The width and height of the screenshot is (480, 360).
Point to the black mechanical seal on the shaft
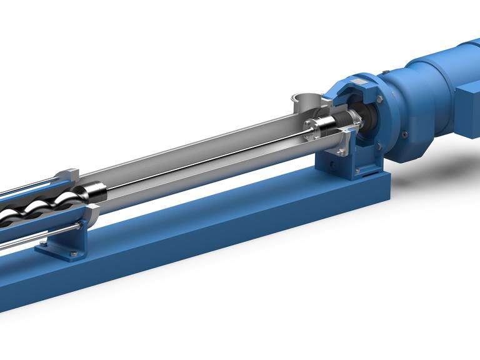pos(342,119)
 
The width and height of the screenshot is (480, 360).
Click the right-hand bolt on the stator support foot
pos(74,253)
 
